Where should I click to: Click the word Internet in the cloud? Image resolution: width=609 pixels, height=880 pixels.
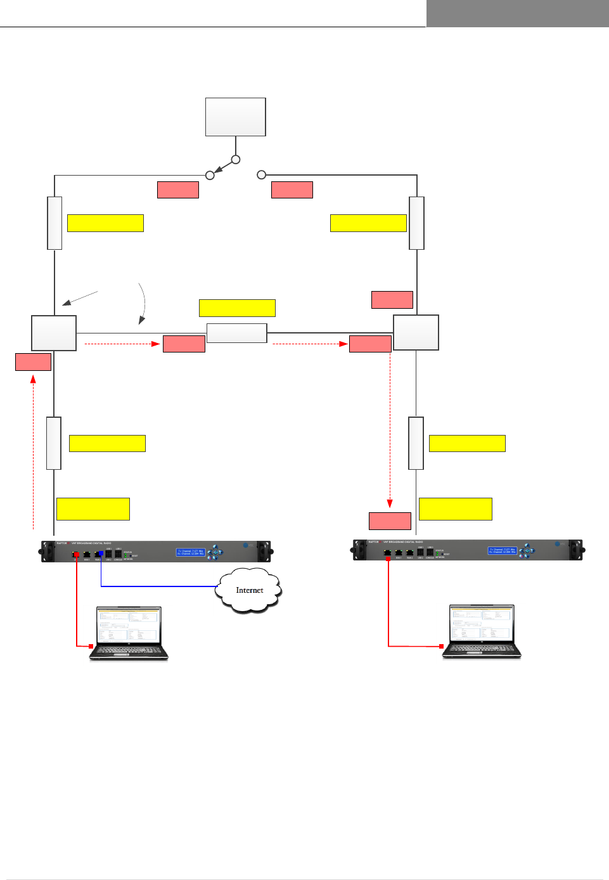(x=249, y=590)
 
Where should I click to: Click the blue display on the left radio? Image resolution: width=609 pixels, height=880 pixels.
(x=190, y=552)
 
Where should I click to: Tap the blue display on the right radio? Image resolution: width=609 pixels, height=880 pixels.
(x=502, y=551)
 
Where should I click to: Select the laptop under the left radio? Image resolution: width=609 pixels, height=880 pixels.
(x=129, y=633)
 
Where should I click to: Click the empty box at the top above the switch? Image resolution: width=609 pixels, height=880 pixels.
(x=235, y=117)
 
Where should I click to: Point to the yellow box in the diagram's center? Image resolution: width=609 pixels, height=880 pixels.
(x=237, y=308)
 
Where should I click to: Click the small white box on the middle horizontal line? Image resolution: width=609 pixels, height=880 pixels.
(x=236, y=333)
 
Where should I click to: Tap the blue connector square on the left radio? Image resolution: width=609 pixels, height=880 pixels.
(x=101, y=553)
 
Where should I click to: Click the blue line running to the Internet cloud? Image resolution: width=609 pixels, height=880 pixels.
(x=158, y=586)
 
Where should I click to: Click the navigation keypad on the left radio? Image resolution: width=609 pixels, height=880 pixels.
(x=215, y=552)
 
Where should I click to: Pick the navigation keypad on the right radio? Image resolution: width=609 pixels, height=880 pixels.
(x=527, y=551)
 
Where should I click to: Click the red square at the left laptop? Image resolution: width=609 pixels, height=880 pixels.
(x=91, y=646)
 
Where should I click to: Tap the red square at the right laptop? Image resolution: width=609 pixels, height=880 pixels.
(x=441, y=646)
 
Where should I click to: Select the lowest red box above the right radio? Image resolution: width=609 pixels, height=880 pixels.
(x=390, y=521)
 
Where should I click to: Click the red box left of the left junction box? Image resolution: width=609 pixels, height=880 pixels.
(x=33, y=362)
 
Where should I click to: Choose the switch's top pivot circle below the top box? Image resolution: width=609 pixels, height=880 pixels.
(x=236, y=160)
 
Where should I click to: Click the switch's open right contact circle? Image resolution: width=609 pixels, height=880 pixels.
(x=261, y=174)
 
